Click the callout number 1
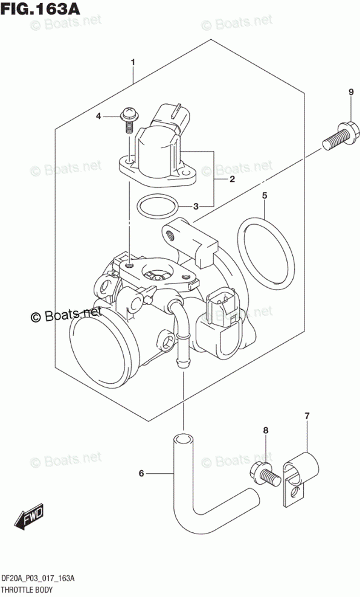pyautogui.click(x=133, y=62)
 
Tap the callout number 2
pyautogui.click(x=232, y=179)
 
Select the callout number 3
pyautogui.click(x=196, y=207)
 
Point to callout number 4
pyautogui.click(x=98, y=116)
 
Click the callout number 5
pyautogui.click(x=265, y=196)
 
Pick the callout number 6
pyautogui.click(x=141, y=473)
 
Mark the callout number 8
pyautogui.click(x=266, y=430)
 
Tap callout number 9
pyautogui.click(x=351, y=92)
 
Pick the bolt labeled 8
pyautogui.click(x=266, y=474)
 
